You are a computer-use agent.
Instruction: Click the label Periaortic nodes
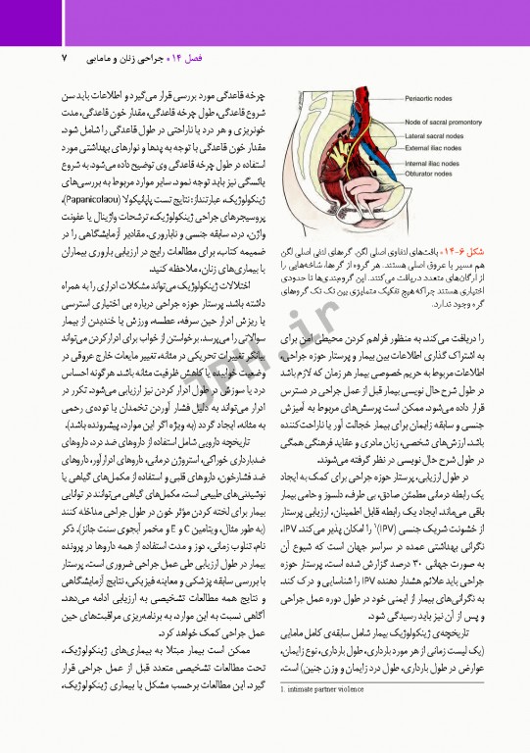432,98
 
